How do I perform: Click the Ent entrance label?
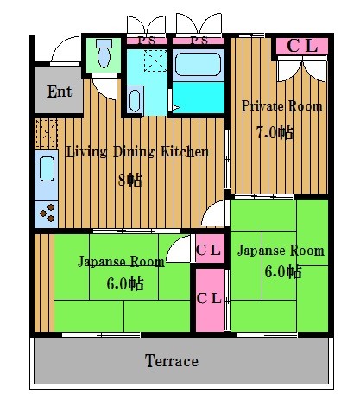[59, 92]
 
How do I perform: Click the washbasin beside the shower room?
[136, 99]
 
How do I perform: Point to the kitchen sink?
[46, 168]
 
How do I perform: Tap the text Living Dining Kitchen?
[137, 152]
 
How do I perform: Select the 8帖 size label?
[129, 180]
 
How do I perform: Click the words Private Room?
[281, 106]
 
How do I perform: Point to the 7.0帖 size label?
[275, 133]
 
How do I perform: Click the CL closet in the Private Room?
[301, 47]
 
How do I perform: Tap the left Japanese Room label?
[121, 262]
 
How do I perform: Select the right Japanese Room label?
[281, 251]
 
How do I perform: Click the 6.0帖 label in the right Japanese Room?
[282, 272]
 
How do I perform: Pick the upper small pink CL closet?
[209, 251]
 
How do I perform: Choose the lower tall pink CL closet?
[209, 299]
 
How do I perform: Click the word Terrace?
[171, 361]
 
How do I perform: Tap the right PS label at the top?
[199, 40]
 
